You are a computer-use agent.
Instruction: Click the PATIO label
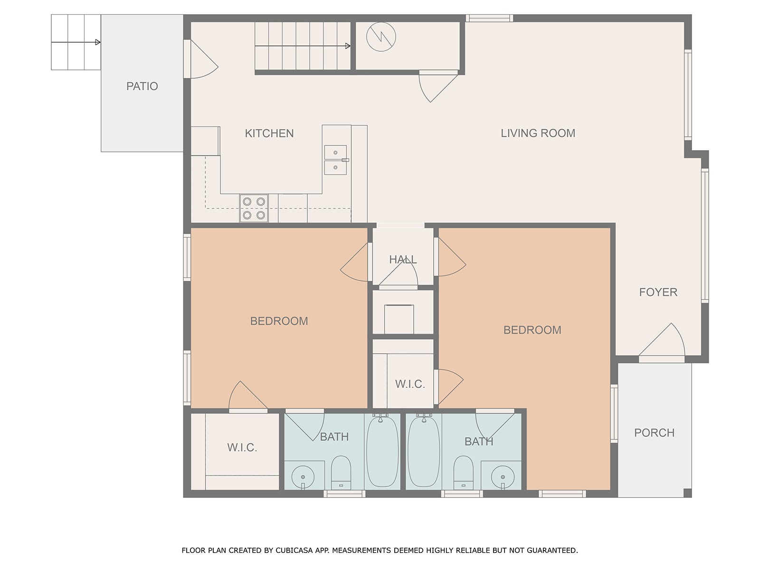coord(142,86)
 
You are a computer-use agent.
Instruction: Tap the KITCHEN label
coord(269,133)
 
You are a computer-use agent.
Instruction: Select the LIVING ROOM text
coord(538,133)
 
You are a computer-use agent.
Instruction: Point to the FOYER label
coord(658,292)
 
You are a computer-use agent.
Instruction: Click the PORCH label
coord(654,433)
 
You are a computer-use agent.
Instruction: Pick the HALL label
coord(403,259)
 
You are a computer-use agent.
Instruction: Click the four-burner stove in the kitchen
coord(254,208)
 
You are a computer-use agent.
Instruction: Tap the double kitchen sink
coord(335,160)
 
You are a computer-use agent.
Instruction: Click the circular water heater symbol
coord(381,37)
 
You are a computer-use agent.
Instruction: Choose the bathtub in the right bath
coord(424,452)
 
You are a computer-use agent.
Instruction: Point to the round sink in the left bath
coord(303,477)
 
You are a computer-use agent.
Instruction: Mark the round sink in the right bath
coord(503,477)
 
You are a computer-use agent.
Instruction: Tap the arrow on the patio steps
coord(76,42)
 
